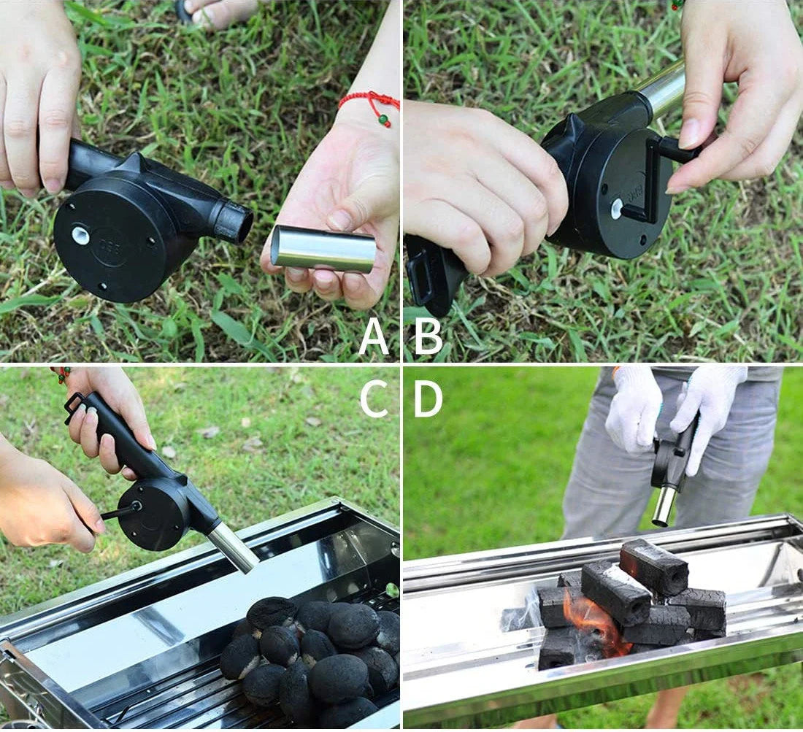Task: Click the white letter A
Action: pos(374,337)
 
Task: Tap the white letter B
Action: pos(428,337)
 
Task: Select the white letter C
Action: pos(374,398)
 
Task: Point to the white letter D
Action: pos(428,398)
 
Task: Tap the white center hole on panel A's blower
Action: pos(80,235)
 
